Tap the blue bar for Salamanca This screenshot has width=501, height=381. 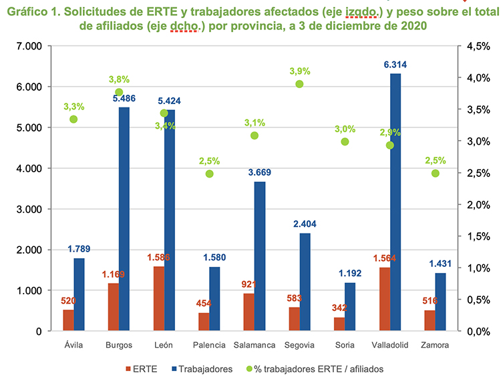[x=260, y=256]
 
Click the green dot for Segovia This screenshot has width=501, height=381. [x=299, y=84]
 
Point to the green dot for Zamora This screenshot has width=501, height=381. [x=435, y=173]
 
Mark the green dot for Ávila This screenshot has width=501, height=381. [x=73, y=119]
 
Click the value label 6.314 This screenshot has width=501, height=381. [x=395, y=65]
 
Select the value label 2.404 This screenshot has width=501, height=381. [x=305, y=225]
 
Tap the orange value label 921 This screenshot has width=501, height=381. [x=248, y=285]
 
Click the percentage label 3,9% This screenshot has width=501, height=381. [x=299, y=71]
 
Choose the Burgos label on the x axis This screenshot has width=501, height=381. [x=119, y=345]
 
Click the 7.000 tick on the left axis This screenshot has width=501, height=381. [x=29, y=46]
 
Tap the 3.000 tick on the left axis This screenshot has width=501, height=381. [x=29, y=209]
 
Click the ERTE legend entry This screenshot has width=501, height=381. [x=142, y=368]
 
